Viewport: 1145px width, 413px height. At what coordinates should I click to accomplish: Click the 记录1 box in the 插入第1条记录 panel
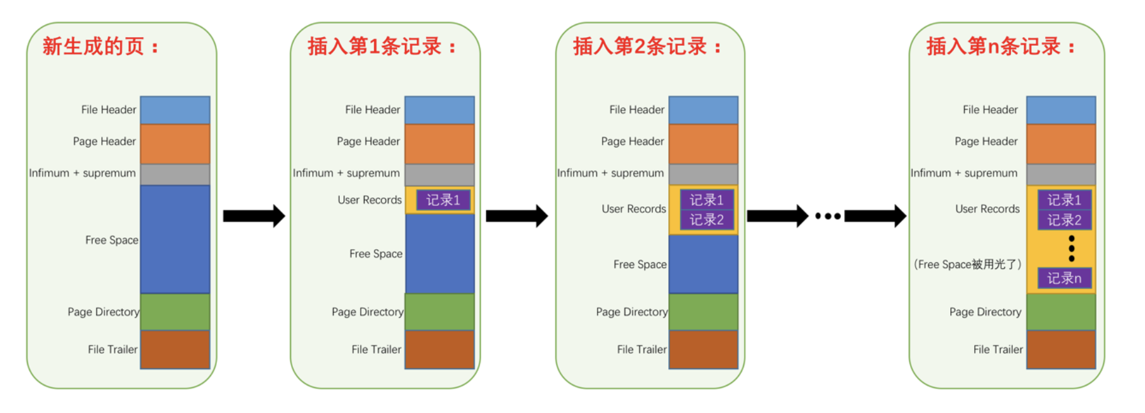click(443, 200)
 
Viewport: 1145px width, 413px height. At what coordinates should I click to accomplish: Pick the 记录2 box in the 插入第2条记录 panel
click(706, 220)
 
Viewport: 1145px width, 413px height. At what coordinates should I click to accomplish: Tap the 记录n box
click(1064, 278)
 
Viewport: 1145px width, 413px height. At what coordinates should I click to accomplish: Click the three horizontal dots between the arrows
click(828, 216)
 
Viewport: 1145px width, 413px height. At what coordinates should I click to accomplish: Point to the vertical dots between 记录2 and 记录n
click(1071, 249)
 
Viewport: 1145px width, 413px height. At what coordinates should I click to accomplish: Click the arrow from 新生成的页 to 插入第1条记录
click(254, 216)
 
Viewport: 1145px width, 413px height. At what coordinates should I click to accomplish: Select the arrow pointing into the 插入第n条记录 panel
click(875, 216)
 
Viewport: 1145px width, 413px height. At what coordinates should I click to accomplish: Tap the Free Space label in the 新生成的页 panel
click(112, 240)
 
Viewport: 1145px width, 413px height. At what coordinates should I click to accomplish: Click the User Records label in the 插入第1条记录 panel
click(370, 200)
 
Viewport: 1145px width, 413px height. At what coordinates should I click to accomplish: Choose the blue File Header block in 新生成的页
click(175, 110)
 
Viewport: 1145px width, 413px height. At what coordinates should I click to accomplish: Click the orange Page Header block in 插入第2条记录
click(703, 144)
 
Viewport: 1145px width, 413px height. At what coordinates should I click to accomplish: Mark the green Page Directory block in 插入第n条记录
click(1061, 311)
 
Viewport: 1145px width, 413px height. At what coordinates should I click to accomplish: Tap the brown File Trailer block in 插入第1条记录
click(439, 349)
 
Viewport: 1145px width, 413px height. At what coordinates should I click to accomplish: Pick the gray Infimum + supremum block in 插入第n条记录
click(1061, 174)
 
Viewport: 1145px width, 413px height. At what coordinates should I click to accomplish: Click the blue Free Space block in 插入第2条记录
click(703, 264)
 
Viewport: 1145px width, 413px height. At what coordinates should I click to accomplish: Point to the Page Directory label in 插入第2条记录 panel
click(632, 312)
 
